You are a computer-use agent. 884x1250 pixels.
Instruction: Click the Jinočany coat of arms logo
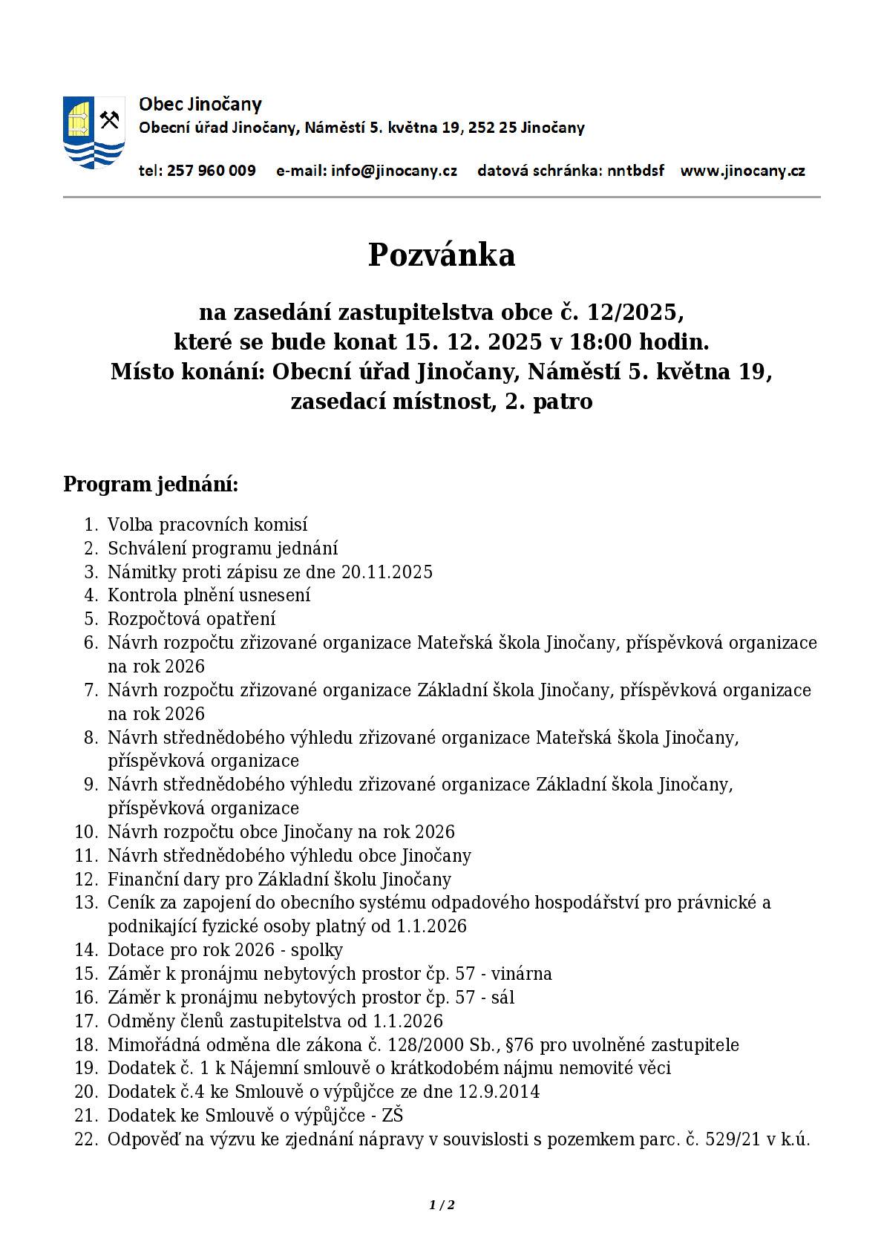pos(93,132)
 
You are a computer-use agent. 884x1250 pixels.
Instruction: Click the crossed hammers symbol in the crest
pos(110,119)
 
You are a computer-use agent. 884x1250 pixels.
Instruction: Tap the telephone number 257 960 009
pos(211,171)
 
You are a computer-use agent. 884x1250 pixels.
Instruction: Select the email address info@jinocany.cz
pos(394,171)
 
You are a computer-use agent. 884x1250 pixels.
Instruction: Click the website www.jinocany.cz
pos(742,171)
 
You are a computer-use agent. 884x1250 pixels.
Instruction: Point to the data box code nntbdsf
pos(635,171)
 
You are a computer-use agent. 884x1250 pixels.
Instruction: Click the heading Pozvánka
pos(442,255)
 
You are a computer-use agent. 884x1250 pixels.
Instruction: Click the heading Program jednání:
pos(151,484)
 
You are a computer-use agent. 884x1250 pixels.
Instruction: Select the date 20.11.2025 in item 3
pos(387,572)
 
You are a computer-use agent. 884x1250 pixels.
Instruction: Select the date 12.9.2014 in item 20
pos(499,1091)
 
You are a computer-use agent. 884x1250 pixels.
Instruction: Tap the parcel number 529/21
pos(733,1139)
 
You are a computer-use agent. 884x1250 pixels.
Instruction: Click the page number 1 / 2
pos(442,1205)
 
